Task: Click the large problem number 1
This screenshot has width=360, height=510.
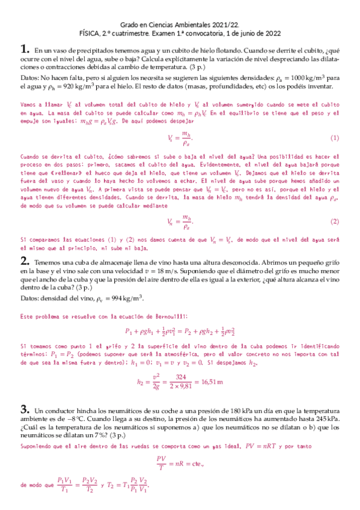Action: tap(24, 50)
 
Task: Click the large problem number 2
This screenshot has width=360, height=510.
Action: tap(24, 261)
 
